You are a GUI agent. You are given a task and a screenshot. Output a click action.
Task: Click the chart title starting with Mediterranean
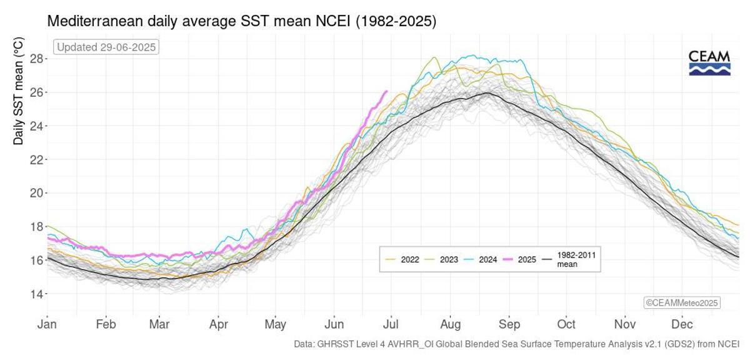[x=242, y=21]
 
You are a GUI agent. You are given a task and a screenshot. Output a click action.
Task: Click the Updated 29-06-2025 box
[x=106, y=47]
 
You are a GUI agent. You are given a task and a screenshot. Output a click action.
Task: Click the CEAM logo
[x=709, y=63]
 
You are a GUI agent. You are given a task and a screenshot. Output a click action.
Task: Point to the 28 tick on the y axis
[x=36, y=59]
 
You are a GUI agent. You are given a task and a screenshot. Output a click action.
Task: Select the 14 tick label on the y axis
[x=36, y=294]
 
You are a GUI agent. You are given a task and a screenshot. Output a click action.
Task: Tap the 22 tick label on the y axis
[x=36, y=159]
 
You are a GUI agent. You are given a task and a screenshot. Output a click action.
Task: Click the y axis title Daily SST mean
[x=19, y=91]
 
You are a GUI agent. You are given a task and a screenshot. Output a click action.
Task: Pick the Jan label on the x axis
[x=47, y=324]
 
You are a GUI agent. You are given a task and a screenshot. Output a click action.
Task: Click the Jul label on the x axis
[x=392, y=324]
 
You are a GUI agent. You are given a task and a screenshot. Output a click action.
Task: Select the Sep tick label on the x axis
[x=509, y=324]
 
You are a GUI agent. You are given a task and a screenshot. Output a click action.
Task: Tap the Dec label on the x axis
[x=682, y=324]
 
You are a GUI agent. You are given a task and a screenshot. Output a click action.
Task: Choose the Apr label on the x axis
[x=218, y=324]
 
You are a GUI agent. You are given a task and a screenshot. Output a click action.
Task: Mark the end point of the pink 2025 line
[x=387, y=91]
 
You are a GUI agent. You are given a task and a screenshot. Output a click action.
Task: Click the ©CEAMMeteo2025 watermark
[x=682, y=302]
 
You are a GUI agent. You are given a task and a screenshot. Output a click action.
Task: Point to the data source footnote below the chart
[x=516, y=344]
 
